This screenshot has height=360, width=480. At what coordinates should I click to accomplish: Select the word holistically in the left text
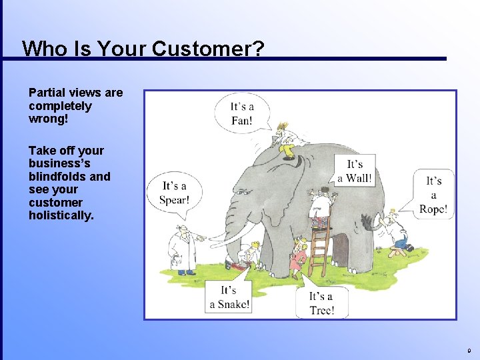[61, 215]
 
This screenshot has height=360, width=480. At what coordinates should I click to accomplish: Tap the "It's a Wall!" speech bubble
[355, 171]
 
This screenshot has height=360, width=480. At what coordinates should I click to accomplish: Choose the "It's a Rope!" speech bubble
[433, 195]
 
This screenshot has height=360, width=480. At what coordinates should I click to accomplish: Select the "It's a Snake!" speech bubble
[229, 297]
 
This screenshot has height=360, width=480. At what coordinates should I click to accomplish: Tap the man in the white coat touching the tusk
[181, 250]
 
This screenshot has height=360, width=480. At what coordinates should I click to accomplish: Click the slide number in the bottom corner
[469, 350]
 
